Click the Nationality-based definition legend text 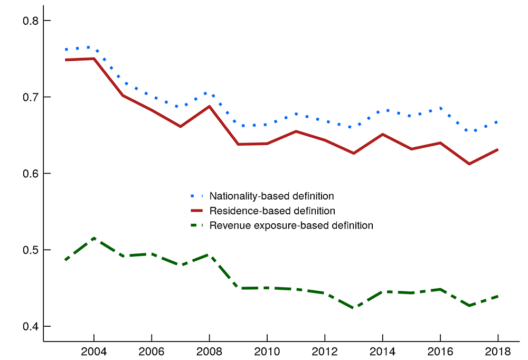coord(271,196)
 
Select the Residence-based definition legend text coord(272,211)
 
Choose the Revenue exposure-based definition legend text coord(291,225)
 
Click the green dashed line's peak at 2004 coord(94,238)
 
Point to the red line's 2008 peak coord(210,107)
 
